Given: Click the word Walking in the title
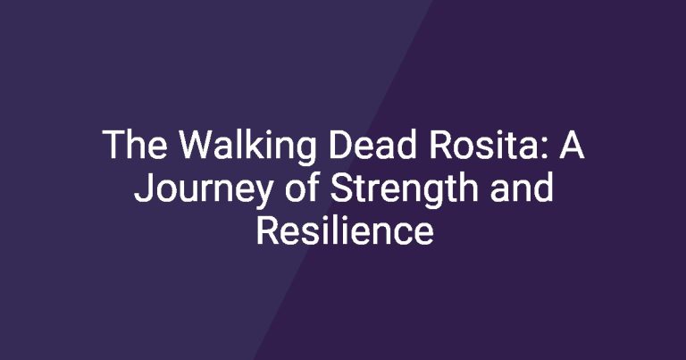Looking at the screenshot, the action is click(x=247, y=147).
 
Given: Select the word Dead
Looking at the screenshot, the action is click(x=372, y=144).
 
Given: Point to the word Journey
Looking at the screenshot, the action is click(x=203, y=189).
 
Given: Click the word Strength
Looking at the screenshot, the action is click(x=404, y=189).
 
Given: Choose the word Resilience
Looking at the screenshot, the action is click(x=345, y=230).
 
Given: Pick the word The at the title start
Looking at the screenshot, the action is click(x=135, y=144).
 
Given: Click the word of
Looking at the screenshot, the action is click(x=301, y=187).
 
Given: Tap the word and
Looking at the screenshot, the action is click(x=522, y=187).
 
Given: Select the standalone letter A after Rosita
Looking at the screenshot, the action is click(x=572, y=144).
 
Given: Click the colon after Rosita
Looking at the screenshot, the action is click(x=542, y=148).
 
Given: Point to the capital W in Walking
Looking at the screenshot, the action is click(x=197, y=144).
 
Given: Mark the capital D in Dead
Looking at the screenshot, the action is click(x=341, y=144).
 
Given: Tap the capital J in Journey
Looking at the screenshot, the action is click(x=143, y=188).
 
